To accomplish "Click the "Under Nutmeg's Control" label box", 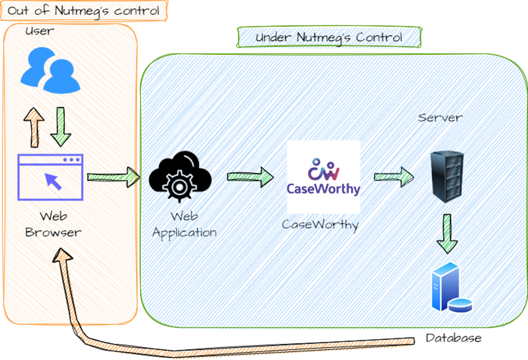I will tap(329, 38).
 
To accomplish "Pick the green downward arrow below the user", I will tap(62, 125).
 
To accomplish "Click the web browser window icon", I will tap(50, 177).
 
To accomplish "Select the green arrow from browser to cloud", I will tap(112, 177).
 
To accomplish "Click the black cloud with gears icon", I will tap(180, 175).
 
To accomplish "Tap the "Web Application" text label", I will tap(185, 224).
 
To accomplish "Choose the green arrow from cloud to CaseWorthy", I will tap(249, 177).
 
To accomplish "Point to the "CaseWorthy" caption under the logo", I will tap(320, 224).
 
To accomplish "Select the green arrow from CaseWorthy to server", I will tap(394, 177).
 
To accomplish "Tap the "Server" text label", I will tap(441, 117).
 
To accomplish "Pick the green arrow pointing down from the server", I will tap(447, 232).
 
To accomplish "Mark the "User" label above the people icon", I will tap(38, 31).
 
